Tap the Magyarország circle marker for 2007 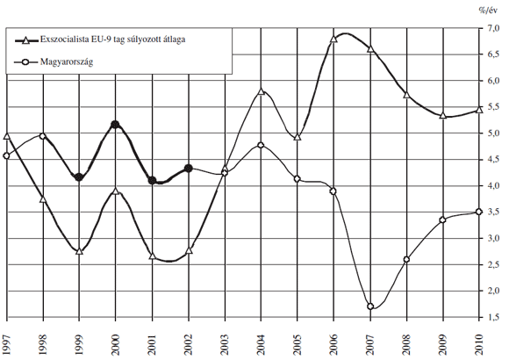pyautogui.click(x=371, y=306)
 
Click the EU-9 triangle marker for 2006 pyautogui.click(x=334, y=39)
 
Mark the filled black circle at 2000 pyautogui.click(x=116, y=125)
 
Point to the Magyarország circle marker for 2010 pyautogui.click(x=479, y=212)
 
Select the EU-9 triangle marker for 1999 pyautogui.click(x=80, y=251)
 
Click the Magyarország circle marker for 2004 pyautogui.click(x=262, y=145)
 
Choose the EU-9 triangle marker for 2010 pyautogui.click(x=479, y=109)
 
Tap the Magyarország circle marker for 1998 pyautogui.click(x=44, y=136)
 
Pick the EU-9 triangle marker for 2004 pyautogui.click(x=262, y=90)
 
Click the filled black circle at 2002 pyautogui.click(x=189, y=168)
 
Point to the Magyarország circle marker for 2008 pyautogui.click(x=407, y=259)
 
